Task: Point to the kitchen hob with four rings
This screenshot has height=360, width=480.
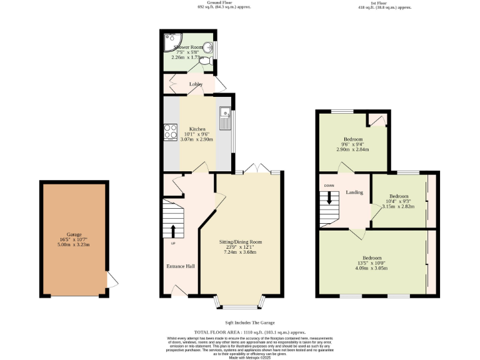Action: pyautogui.click(x=171, y=131)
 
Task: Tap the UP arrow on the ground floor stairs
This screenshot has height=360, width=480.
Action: pyautogui.click(x=173, y=231)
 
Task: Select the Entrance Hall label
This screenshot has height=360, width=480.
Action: pyautogui.click(x=180, y=266)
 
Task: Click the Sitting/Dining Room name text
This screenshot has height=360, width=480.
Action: pyautogui.click(x=240, y=242)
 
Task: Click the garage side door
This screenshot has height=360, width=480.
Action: pyautogui.click(x=111, y=280)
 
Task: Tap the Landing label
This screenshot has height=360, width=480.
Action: pyautogui.click(x=354, y=192)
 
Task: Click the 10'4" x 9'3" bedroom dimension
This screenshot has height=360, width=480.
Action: pyautogui.click(x=398, y=201)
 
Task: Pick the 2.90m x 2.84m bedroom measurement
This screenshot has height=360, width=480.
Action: pyautogui.click(x=352, y=149)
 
